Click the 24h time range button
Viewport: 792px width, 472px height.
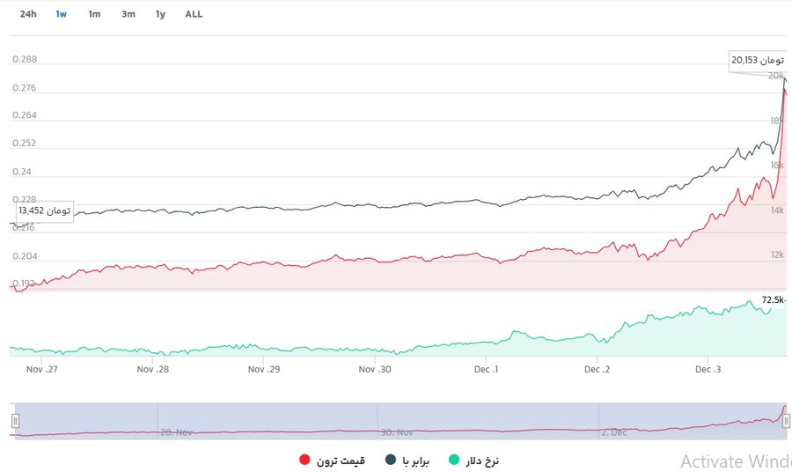tap(28, 14)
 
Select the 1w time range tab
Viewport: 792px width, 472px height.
tap(61, 14)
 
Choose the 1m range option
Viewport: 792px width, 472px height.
tap(94, 14)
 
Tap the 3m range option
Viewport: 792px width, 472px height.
tap(128, 14)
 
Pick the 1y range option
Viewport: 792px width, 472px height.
tap(160, 14)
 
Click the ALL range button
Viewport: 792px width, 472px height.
tap(194, 14)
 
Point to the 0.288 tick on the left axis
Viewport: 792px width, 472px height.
tap(25, 60)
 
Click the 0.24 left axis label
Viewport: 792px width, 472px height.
tap(22, 172)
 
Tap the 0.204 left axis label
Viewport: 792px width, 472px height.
tap(25, 256)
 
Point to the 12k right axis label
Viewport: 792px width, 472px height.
tap(776, 255)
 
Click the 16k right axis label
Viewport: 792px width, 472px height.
tap(776, 166)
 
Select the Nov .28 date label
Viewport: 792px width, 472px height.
tap(152, 370)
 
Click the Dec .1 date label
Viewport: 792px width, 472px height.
tap(486, 370)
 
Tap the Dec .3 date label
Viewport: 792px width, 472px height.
tap(708, 370)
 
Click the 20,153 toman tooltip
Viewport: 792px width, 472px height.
tap(757, 61)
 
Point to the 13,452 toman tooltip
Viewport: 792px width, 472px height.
tap(44, 211)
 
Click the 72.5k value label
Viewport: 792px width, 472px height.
tap(773, 300)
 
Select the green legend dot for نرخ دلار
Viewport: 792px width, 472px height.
tap(454, 461)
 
